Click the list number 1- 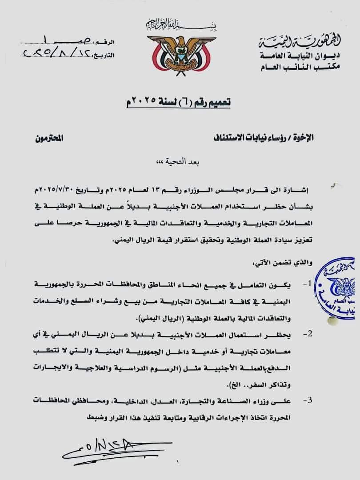[307, 283]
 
